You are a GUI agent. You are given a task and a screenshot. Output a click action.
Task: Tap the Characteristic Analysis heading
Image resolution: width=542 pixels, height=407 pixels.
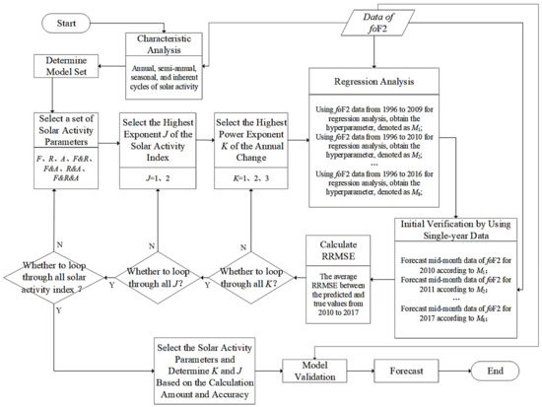(180, 45)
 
